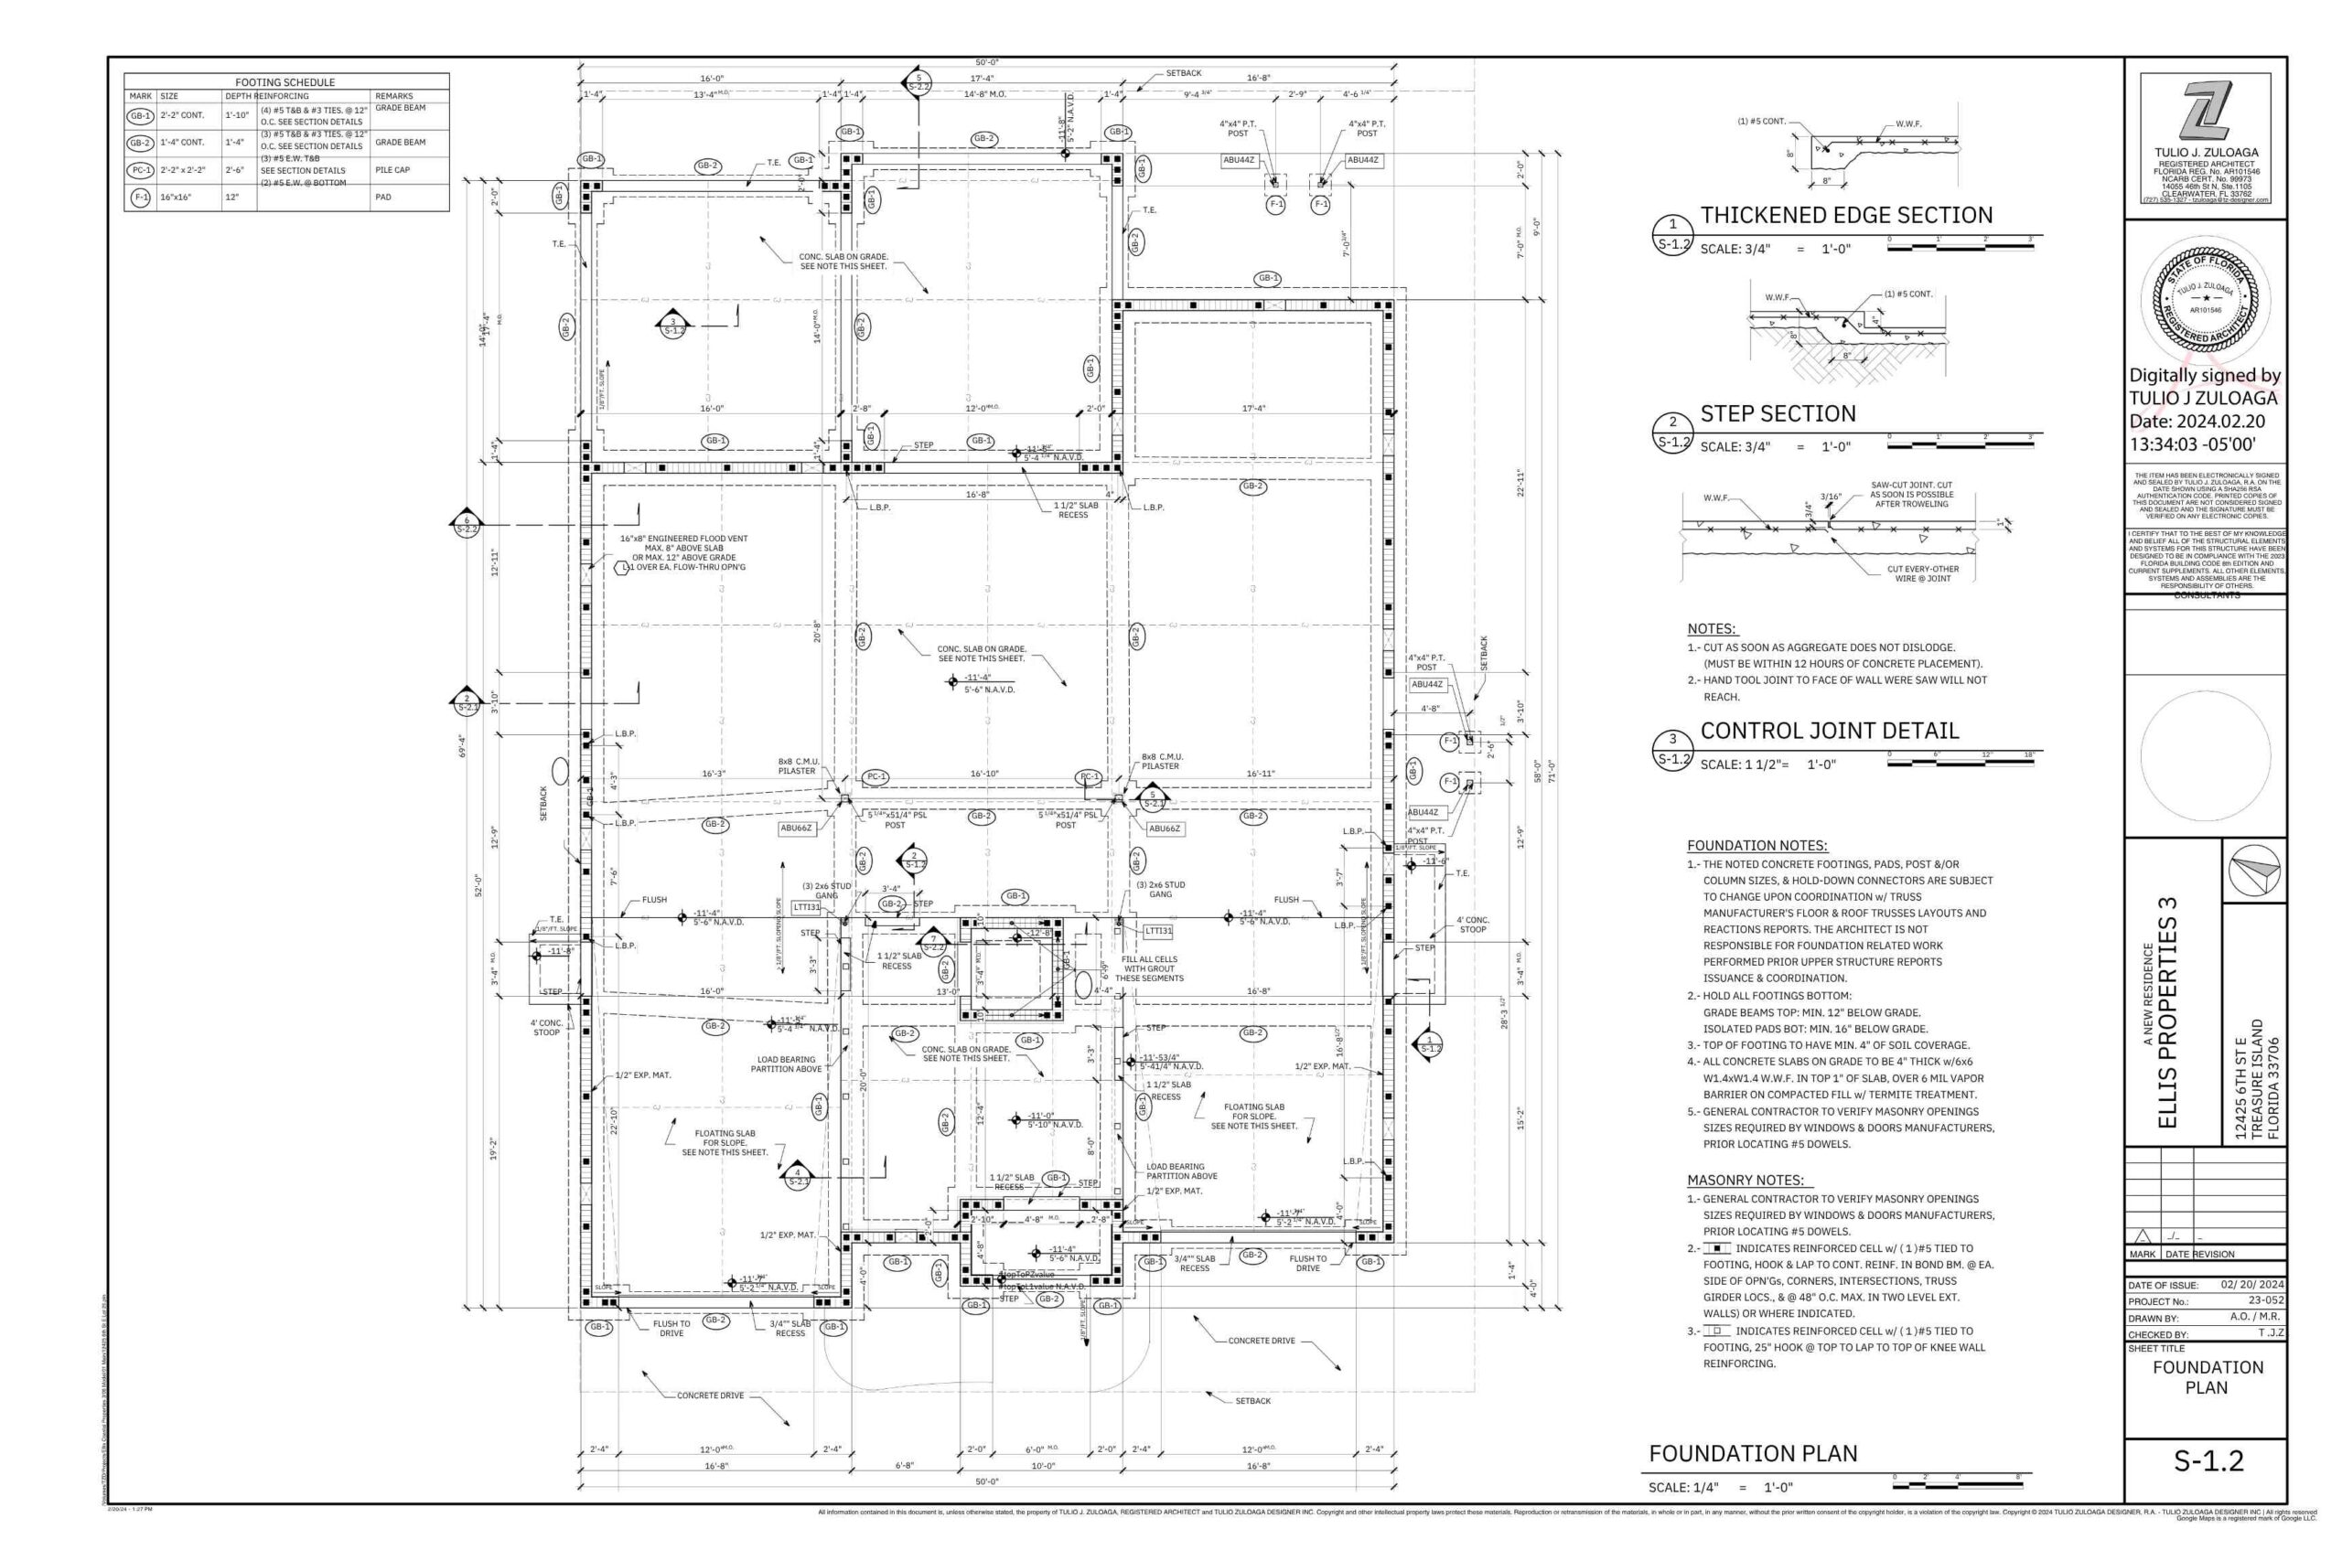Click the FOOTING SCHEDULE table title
[285, 82]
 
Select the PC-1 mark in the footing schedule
[140, 170]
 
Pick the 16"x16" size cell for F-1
[177, 198]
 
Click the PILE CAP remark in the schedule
[392, 170]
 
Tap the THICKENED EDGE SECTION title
[1845, 215]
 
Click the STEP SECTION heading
[1778, 413]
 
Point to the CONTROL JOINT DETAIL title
[1828, 731]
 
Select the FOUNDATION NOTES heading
[1756, 845]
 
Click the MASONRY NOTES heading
[1745, 1180]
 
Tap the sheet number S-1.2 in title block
[2208, 1460]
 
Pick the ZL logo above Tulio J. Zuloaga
[2206, 112]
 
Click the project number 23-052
[2265, 1300]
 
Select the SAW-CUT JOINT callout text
[1911, 495]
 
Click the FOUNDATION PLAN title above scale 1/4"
[1753, 1453]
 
